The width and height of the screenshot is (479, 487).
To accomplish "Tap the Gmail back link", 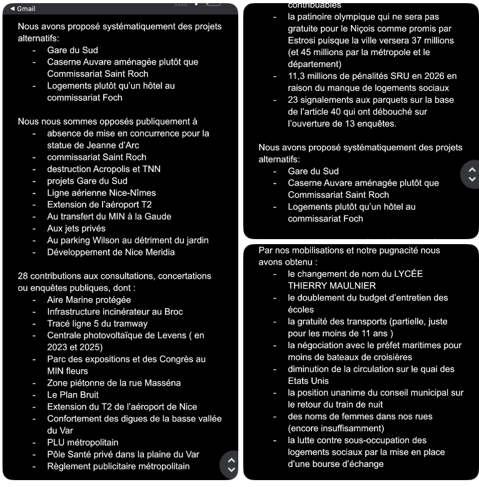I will pyautogui.click(x=23, y=9).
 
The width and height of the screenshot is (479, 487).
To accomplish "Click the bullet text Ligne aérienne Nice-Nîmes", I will pyautogui.click(x=101, y=193).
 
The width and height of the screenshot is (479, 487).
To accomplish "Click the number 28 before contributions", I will pyautogui.click(x=23, y=276).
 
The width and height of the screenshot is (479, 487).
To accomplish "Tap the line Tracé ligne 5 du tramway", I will pyautogui.click(x=97, y=324).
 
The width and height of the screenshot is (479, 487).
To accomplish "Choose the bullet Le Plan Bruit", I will pyautogui.click(x=73, y=395).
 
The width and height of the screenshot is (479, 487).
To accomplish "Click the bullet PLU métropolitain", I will pyautogui.click(x=83, y=443).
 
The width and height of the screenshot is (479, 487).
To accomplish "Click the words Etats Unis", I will pyautogui.click(x=308, y=381).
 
